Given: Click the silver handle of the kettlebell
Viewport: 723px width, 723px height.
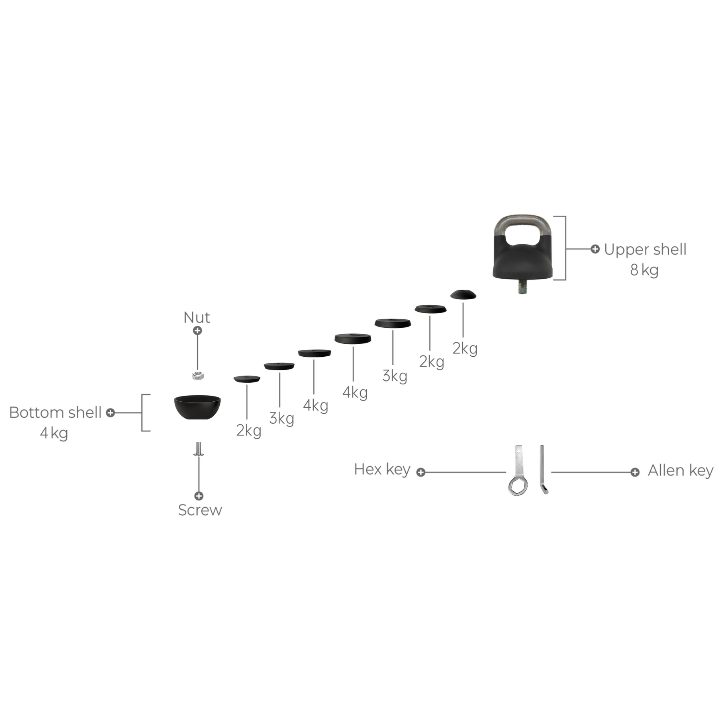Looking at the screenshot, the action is point(523,227).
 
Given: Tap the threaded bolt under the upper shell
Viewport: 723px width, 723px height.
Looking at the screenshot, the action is point(522,287).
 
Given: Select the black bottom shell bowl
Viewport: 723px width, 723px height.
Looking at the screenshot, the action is point(197,407).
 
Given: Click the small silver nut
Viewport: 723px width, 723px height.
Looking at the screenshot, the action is point(197,376).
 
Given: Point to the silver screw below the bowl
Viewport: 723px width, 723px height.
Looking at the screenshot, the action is point(198,449).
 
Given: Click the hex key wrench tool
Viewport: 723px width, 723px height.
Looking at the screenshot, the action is point(518,470).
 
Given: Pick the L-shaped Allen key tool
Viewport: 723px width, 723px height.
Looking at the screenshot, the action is point(543,469).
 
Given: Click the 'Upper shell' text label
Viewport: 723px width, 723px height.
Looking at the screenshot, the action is point(645,249).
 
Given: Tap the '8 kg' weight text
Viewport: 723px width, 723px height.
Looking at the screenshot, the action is point(644,270).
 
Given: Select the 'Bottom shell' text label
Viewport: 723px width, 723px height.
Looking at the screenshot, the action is point(55,413).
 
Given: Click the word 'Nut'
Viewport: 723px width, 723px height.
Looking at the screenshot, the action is point(196,317).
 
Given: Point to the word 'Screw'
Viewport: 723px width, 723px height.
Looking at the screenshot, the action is point(200,510).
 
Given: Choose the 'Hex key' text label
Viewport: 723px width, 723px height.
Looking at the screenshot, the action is point(382,469).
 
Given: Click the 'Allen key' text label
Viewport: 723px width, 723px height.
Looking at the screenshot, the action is point(680,470).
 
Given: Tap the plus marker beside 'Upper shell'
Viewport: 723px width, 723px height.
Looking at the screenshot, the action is point(595,249).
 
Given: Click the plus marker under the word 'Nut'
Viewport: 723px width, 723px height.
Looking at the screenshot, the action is point(197,331).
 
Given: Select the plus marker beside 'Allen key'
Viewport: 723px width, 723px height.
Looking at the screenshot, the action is point(635,472).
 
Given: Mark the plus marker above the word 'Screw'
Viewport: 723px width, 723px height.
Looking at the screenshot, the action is point(199,496).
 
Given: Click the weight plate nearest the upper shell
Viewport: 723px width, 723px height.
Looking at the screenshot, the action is point(463,294).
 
